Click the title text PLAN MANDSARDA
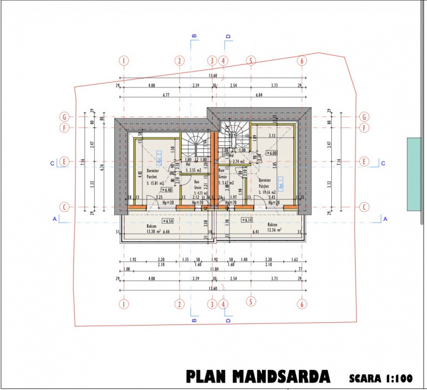pyautogui.click(x=257, y=376)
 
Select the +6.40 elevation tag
pyautogui.click(x=167, y=190)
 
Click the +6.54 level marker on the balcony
pyautogui.click(x=167, y=221)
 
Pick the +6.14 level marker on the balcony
pyautogui.click(x=248, y=220)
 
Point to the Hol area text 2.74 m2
pyautogui.click(x=237, y=161)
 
